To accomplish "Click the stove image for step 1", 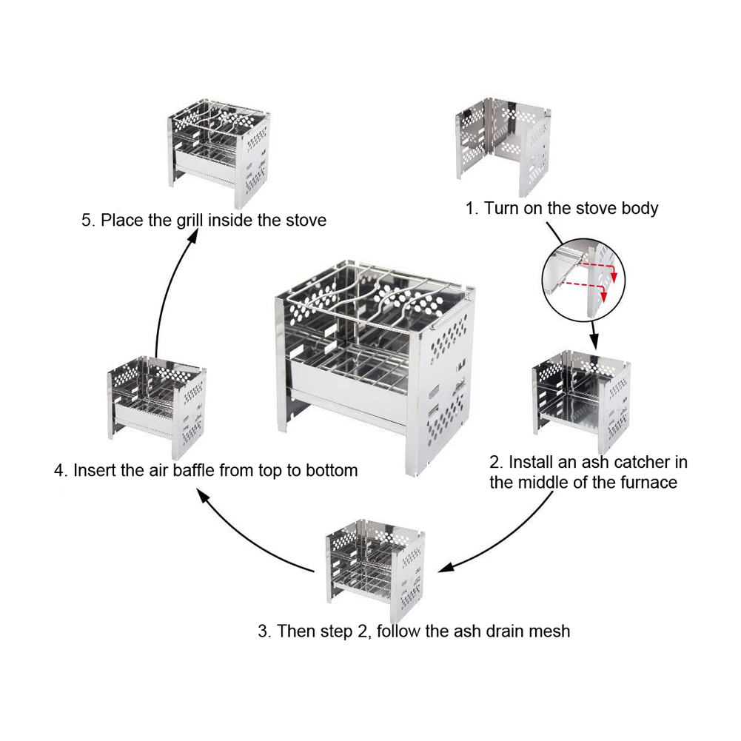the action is (x=503, y=146).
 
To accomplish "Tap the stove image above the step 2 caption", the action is (x=581, y=402).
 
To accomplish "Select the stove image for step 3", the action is (x=375, y=571).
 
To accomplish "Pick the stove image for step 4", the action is (x=157, y=407).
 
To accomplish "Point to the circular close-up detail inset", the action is (x=583, y=280).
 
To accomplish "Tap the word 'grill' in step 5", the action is (x=191, y=221).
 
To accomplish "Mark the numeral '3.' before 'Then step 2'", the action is (x=265, y=631).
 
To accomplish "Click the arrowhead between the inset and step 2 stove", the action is (x=594, y=342).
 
